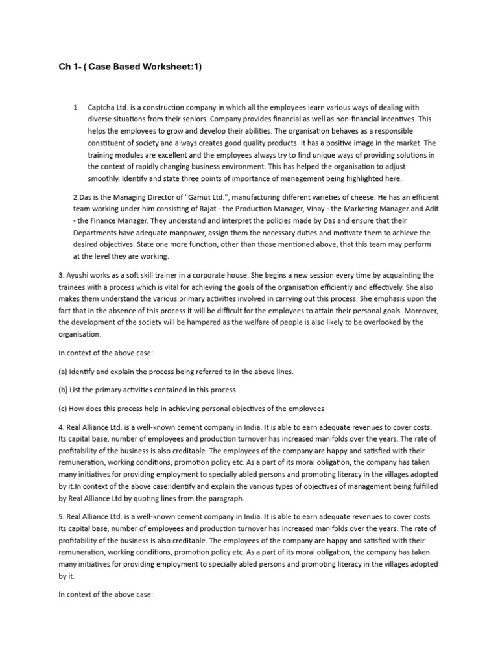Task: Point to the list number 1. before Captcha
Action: click(76, 108)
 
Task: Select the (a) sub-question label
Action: click(64, 372)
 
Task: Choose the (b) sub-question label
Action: click(64, 390)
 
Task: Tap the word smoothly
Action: click(104, 178)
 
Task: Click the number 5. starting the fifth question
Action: click(62, 516)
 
